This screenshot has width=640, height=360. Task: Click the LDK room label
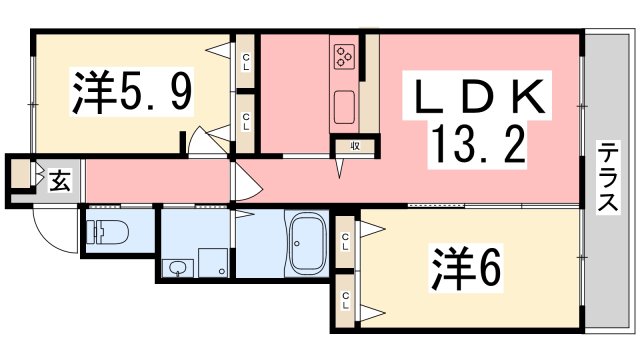(x=479, y=98)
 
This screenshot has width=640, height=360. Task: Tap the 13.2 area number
(x=479, y=146)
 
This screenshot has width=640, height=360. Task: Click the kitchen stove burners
(x=345, y=56)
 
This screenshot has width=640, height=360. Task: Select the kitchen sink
(x=345, y=105)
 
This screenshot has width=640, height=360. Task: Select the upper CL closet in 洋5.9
(x=246, y=62)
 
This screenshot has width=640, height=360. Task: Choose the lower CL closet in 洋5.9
(x=246, y=121)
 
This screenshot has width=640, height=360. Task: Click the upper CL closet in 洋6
(x=346, y=240)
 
